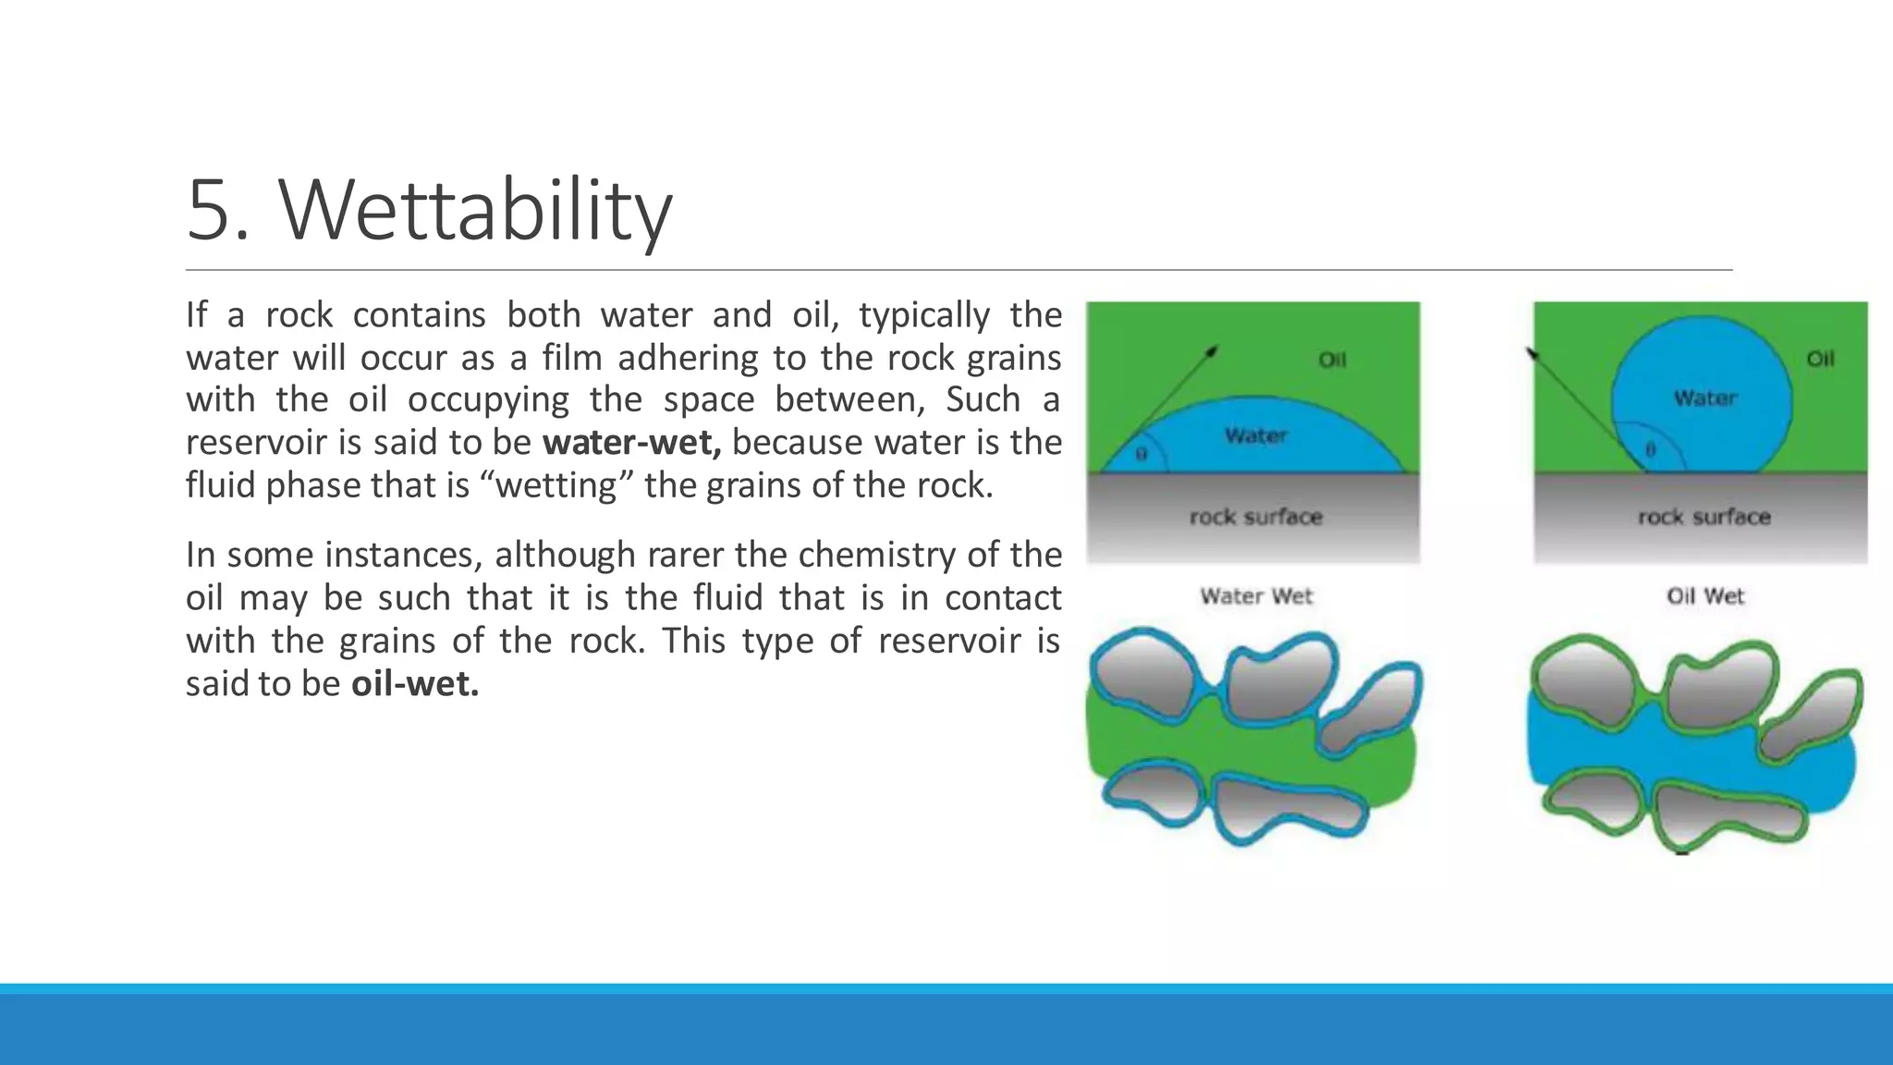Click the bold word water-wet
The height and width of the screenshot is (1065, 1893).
(x=631, y=443)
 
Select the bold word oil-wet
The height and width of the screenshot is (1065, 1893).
(x=415, y=684)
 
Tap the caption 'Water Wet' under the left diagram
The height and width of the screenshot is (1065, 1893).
(x=1256, y=596)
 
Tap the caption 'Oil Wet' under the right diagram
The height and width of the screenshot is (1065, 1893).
(x=1704, y=596)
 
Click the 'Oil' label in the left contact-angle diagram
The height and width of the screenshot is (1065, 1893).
(x=1332, y=360)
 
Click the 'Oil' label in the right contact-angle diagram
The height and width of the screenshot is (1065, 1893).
(x=1820, y=359)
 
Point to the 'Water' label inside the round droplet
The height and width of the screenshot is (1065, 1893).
(x=1705, y=398)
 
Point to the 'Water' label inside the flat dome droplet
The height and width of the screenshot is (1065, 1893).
(x=1255, y=435)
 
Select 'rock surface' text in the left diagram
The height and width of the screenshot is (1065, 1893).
(x=1255, y=517)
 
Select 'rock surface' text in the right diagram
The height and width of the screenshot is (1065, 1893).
(x=1704, y=517)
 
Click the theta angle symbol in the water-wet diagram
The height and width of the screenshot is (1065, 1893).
(x=1141, y=454)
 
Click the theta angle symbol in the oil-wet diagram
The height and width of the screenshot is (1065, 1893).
(x=1651, y=450)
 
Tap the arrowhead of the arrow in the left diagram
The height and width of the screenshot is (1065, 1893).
(x=1214, y=350)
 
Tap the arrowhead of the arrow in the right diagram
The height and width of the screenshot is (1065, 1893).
(x=1532, y=353)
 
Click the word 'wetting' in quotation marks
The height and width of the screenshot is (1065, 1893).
(x=557, y=485)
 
